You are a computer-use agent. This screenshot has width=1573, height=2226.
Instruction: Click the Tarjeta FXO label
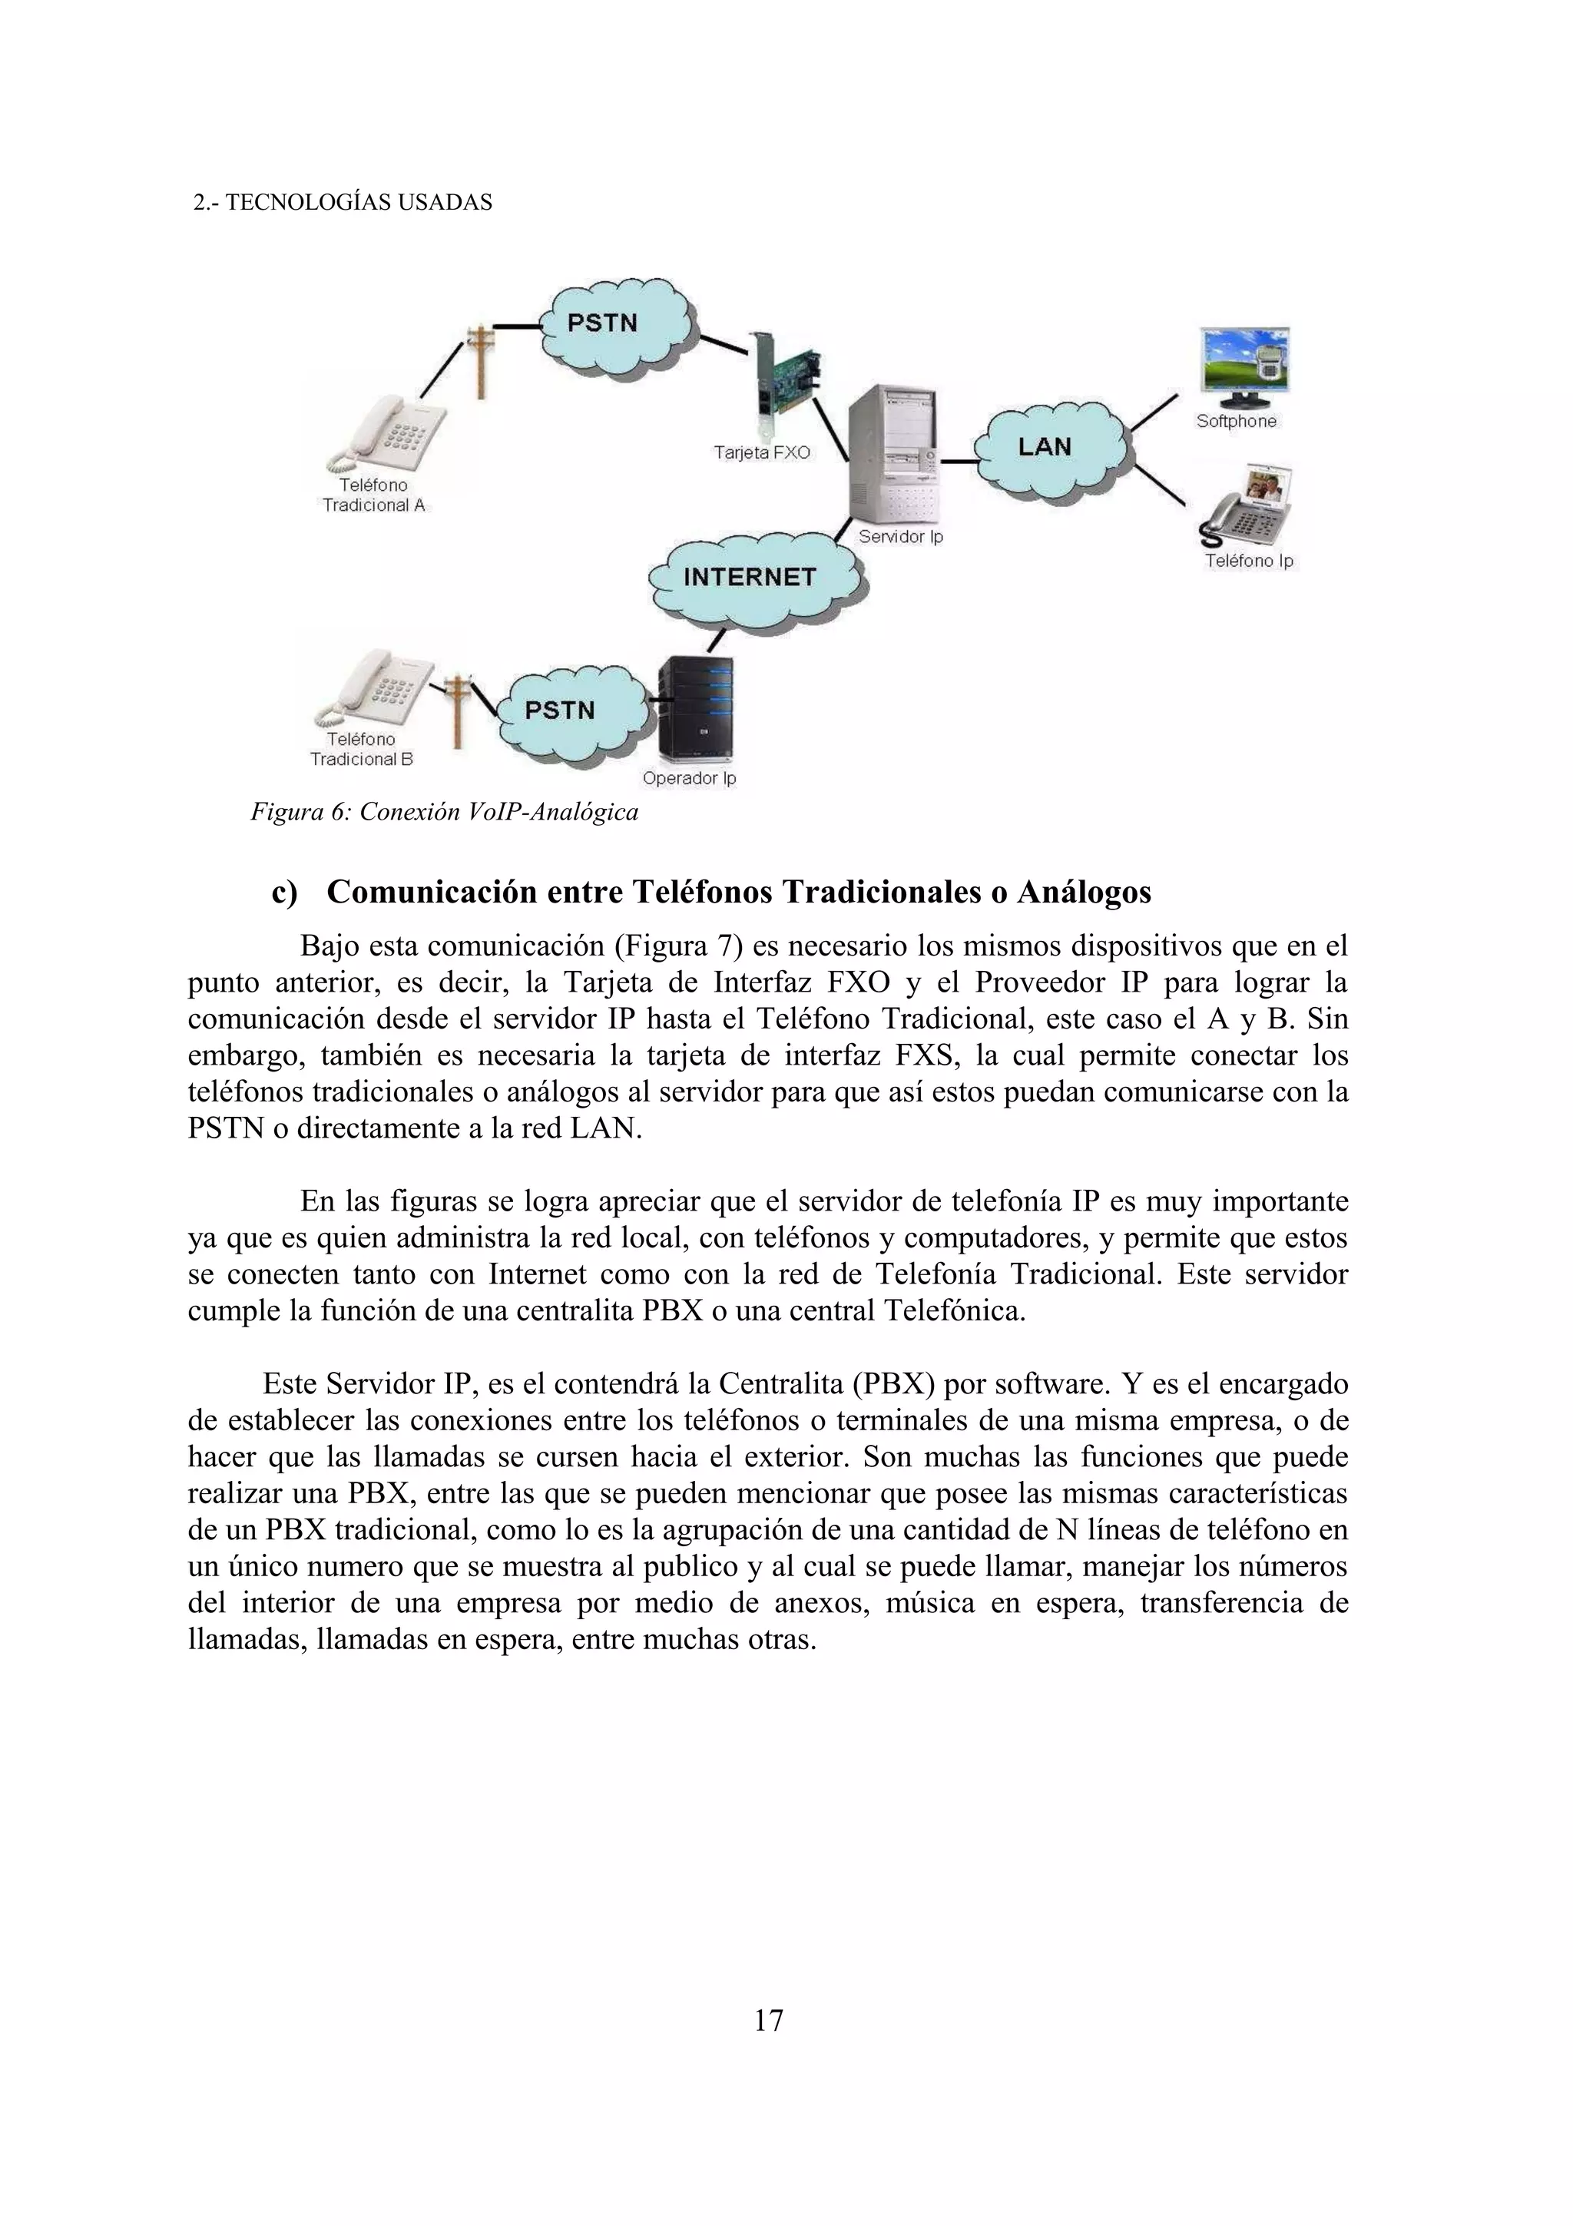point(762,452)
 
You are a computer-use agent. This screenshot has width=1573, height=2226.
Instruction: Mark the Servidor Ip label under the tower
point(900,537)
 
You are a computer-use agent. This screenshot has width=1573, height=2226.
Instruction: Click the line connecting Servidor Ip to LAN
point(959,462)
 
